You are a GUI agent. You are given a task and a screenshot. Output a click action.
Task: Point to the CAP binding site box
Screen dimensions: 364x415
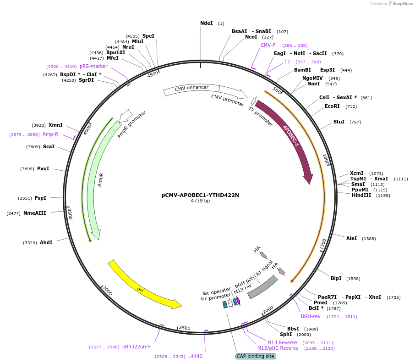click(256, 356)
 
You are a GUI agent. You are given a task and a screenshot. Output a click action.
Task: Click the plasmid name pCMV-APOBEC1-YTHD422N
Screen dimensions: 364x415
click(200, 195)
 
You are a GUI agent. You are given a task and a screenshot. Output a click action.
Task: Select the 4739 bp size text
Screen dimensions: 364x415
click(200, 201)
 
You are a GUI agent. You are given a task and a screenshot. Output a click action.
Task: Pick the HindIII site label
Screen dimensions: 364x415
click(361, 195)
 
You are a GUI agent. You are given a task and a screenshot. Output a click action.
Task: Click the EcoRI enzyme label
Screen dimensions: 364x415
click(332, 106)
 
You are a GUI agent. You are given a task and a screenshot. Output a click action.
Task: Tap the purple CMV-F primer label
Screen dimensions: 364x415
click(268, 45)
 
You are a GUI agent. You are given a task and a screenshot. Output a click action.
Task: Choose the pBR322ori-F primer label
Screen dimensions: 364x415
click(137, 347)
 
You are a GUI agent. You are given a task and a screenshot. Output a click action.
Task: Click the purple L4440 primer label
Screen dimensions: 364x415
click(195, 356)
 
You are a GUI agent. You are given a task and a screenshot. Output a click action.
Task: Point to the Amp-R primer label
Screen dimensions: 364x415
click(50, 134)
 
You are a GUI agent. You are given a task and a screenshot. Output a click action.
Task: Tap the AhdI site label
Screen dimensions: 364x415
click(46, 242)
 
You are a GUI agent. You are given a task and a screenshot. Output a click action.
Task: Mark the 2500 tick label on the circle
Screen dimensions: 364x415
click(185, 328)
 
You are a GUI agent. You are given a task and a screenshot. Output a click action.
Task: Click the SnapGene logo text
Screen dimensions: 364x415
click(403, 4)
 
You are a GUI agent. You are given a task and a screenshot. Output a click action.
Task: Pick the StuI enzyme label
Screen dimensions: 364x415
click(339, 122)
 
